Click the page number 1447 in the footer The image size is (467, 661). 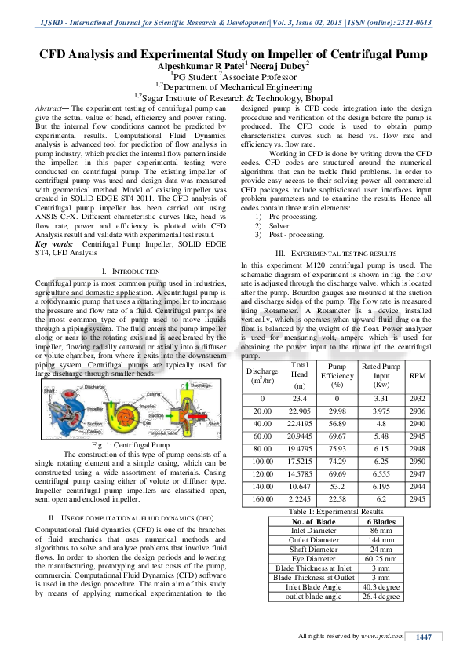pyautogui.click(x=424, y=636)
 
